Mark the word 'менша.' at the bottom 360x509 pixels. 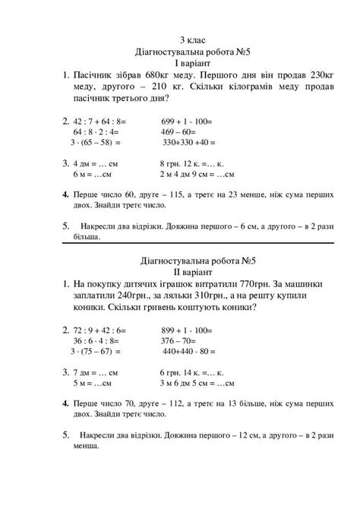(x=89, y=447)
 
